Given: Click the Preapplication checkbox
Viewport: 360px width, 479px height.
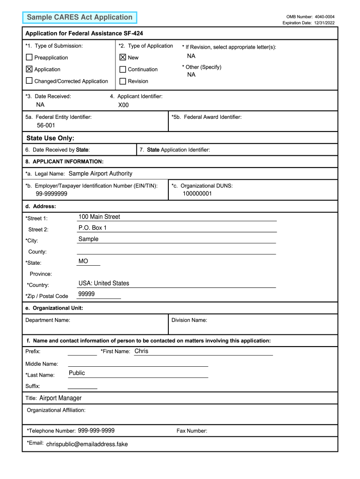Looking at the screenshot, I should coord(29,58).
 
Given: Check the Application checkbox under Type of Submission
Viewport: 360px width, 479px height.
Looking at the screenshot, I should coord(29,69).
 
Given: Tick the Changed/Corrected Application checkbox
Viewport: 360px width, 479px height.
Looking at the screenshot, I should coord(29,81).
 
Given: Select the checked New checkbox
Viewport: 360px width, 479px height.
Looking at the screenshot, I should coord(122,58).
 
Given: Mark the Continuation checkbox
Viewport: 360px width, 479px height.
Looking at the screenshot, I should coord(122,69).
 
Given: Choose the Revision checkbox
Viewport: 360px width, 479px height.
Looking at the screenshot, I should coord(122,81).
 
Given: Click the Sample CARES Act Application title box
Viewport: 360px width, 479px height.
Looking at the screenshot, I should coord(79,17).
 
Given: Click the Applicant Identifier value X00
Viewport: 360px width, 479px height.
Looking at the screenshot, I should coord(123,105).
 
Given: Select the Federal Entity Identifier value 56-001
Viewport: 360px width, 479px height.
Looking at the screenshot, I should coord(46,125).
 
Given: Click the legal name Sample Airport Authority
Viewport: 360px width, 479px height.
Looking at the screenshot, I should coord(101,174).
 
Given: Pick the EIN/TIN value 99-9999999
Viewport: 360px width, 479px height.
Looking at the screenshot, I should coord(51,194).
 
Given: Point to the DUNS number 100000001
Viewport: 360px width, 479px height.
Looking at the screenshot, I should coord(197,194).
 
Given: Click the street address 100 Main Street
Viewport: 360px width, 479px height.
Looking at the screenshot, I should coord(99,217).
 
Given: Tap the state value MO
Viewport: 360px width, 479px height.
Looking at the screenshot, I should coord(83,261).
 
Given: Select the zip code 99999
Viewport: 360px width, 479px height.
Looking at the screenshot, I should coord(86,294).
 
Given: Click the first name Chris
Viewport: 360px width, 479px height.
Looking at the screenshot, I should coord(141,351).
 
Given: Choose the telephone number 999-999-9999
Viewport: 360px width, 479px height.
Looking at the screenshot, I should coord(96,430).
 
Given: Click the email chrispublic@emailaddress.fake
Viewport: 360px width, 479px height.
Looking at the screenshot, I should coord(87,444).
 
